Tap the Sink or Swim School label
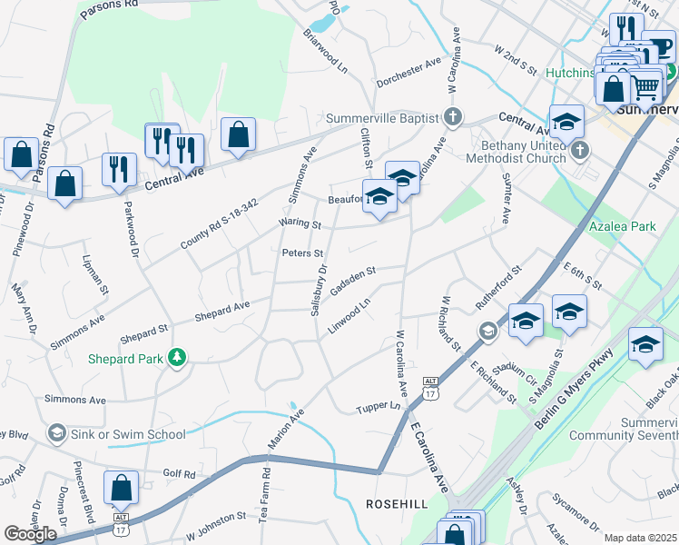point(129,434)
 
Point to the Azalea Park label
point(621,225)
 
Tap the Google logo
point(30,534)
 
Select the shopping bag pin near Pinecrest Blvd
point(121,489)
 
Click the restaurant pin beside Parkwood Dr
point(119,170)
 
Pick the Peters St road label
point(302,253)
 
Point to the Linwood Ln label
point(349,316)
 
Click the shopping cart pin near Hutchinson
point(645,87)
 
